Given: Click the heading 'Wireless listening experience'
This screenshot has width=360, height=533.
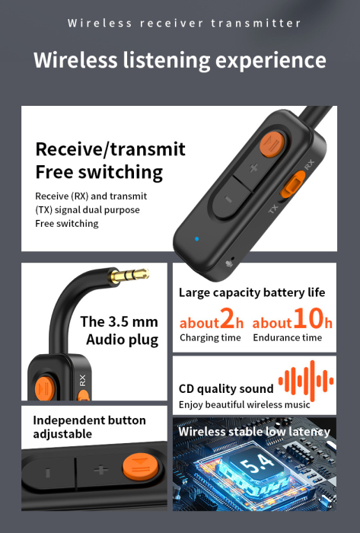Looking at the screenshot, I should [180, 59].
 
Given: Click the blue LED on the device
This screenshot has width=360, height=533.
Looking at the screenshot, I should [196, 238].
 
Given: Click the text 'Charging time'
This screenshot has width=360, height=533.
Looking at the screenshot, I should [210, 338].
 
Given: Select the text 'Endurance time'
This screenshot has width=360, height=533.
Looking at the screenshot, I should [288, 338].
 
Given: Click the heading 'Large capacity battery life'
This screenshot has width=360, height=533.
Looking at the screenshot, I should [252, 292].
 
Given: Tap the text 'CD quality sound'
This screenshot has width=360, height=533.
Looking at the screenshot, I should [226, 389].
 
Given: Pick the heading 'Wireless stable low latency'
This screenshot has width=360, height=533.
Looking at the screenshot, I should [254, 432].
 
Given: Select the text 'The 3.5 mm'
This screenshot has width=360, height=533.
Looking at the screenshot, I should [119, 321].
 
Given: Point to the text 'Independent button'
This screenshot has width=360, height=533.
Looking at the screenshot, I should [89, 420].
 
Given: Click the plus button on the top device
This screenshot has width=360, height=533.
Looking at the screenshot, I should [253, 168].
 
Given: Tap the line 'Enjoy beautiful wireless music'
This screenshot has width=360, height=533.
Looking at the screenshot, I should [244, 405].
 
